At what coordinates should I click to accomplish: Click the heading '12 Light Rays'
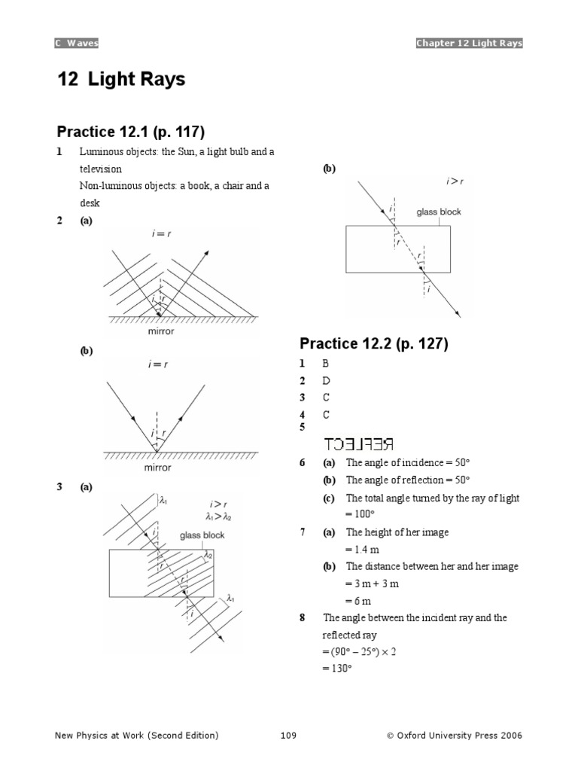120,79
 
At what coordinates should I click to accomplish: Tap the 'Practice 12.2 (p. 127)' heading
373,343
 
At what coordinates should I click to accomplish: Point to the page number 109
289,736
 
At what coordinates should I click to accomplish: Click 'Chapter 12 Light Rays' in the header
469,43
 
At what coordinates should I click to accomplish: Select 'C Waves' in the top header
76,43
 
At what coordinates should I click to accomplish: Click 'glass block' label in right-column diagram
439,212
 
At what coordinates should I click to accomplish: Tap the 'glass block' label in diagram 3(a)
202,535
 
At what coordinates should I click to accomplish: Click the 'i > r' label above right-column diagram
455,181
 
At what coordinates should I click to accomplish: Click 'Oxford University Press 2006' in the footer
459,736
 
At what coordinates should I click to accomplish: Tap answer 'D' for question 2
327,381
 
